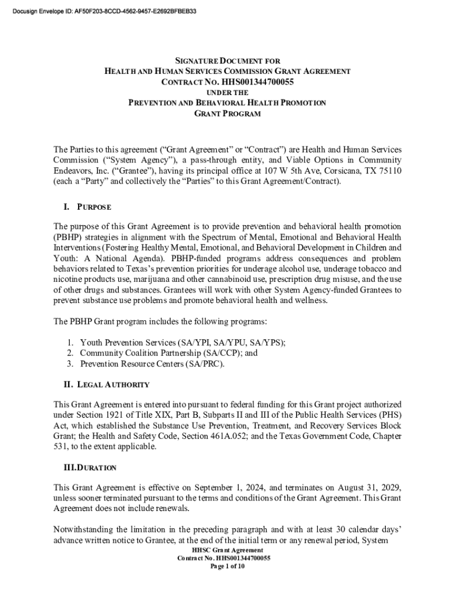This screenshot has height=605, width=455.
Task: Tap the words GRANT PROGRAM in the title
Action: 227,113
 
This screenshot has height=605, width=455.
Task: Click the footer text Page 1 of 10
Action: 227,565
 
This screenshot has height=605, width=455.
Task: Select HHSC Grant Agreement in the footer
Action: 227,550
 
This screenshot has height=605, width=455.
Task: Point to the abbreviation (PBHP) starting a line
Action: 68,237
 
